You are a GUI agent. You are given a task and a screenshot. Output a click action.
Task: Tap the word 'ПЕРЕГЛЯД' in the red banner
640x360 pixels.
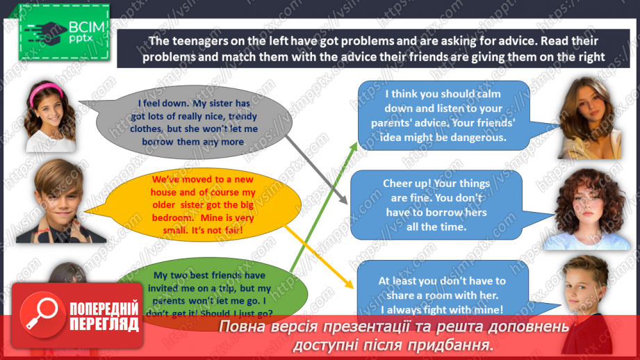pos(104,322)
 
